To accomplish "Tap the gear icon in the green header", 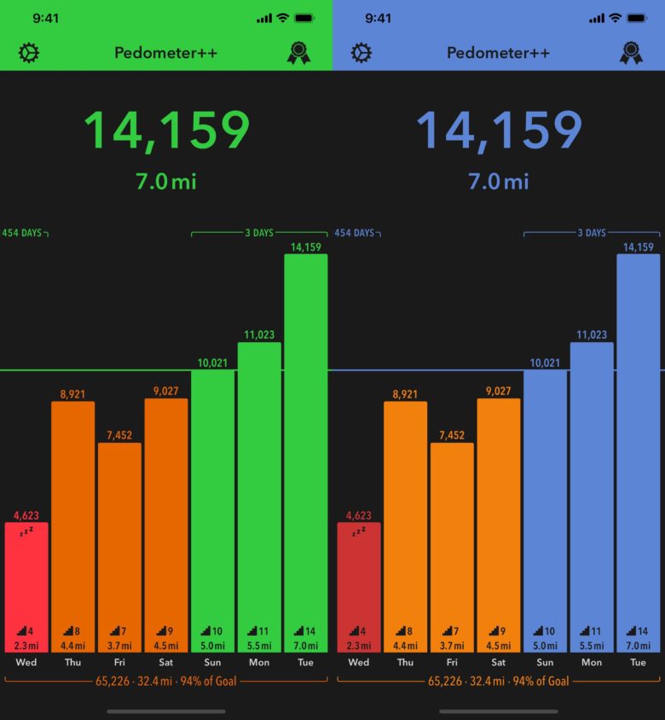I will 29,53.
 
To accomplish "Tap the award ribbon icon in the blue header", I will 631,53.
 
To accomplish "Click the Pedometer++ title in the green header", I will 166,53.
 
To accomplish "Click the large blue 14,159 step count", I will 499,131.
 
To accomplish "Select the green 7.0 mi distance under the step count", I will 166,181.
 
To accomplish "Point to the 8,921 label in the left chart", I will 72,394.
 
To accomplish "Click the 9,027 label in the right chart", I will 499,392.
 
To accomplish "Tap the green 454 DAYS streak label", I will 21,233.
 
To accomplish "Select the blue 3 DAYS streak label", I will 592,233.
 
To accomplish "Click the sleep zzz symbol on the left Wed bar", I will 26,531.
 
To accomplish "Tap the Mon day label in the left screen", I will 259,662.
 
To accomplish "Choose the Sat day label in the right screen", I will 499,662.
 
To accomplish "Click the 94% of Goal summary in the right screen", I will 538,681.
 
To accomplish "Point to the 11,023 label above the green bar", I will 259,335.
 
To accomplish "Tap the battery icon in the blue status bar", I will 636,18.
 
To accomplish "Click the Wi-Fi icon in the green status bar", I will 282,18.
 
